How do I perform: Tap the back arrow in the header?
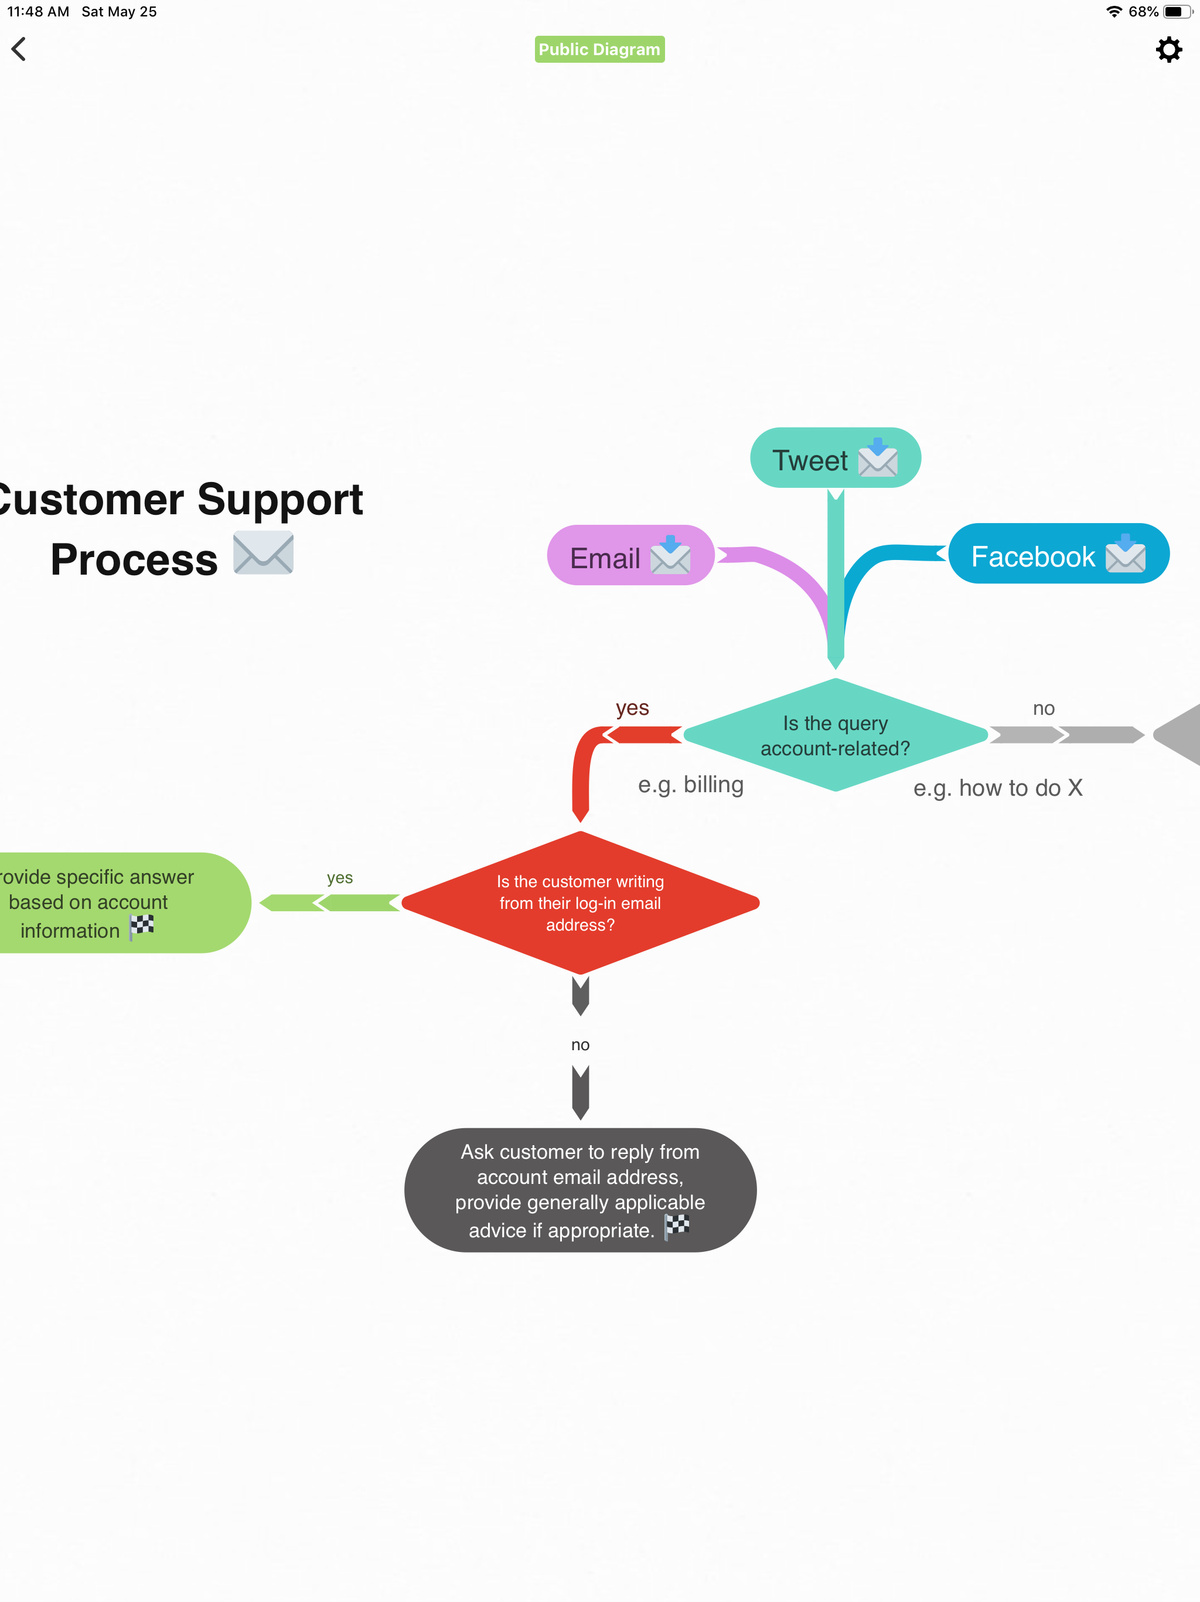(19, 49)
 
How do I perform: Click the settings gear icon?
(1168, 50)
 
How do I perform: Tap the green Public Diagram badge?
(599, 49)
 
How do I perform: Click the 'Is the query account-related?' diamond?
(835, 735)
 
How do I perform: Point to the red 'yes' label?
(632, 708)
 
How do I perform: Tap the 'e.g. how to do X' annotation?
(997, 788)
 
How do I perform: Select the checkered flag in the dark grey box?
(677, 1226)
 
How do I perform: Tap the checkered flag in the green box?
(142, 926)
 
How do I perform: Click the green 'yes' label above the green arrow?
(339, 878)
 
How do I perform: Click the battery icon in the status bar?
(1177, 12)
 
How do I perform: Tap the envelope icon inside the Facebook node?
(1125, 555)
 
